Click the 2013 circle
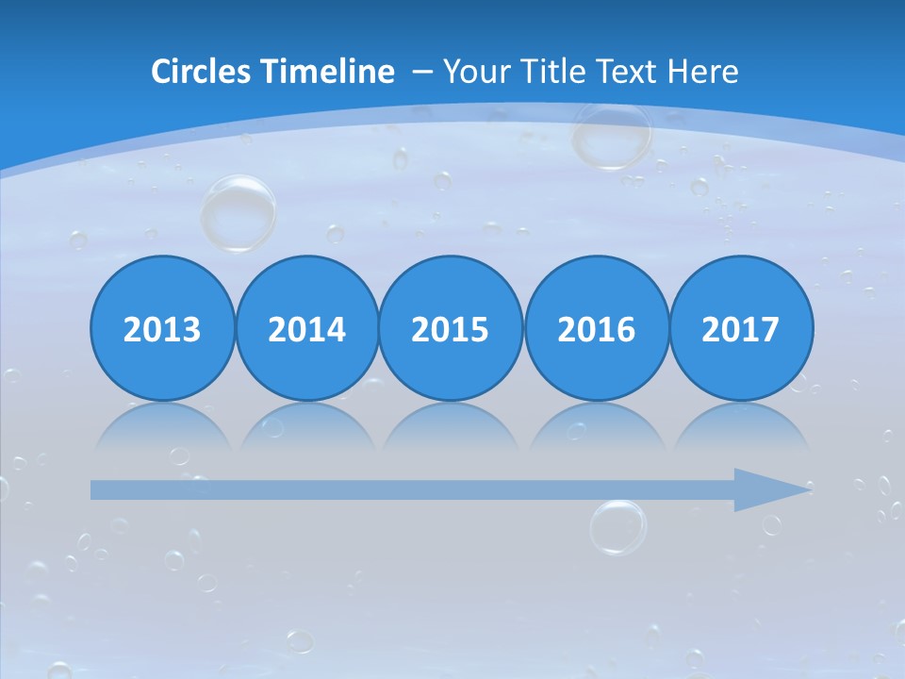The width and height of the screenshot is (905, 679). (162, 328)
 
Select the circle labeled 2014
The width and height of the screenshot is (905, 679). (307, 328)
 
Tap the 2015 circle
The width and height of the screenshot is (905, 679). (451, 328)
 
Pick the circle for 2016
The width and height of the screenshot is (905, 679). (596, 328)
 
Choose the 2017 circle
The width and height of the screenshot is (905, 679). (741, 328)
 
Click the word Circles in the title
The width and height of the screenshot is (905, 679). (202, 72)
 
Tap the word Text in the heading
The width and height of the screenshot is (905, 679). (627, 72)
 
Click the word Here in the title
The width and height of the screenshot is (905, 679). (702, 72)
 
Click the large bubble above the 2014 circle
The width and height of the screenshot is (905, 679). (239, 212)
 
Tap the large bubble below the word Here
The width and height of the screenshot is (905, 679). (612, 135)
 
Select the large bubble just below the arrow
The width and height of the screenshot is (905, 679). (618, 526)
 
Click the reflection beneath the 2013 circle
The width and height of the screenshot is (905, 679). (162, 426)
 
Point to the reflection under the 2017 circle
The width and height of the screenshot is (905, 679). (741, 426)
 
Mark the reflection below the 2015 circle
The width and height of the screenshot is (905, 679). (451, 426)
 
